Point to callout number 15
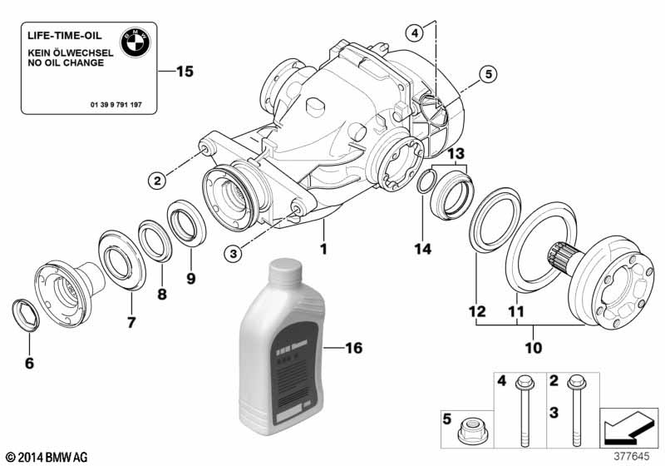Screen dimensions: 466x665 [184, 72]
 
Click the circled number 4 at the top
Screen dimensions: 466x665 [414, 32]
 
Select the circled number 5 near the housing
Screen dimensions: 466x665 [488, 75]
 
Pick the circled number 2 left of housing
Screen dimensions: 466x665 [157, 178]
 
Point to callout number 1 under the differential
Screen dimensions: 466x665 [324, 248]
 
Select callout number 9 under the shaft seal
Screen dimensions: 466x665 [190, 278]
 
